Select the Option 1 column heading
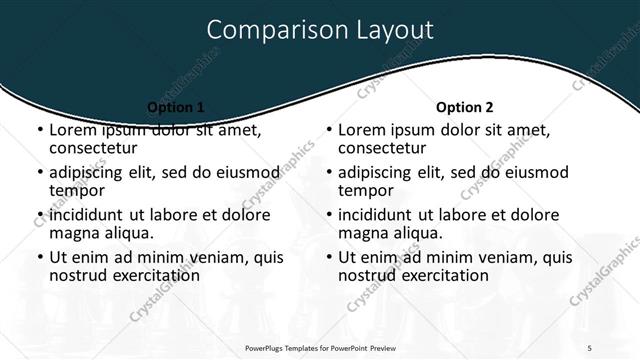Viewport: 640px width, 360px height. point(176,107)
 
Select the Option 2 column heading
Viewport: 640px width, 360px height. point(465,107)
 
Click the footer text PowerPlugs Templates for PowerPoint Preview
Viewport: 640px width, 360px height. point(320,347)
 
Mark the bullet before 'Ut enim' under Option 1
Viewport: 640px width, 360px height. point(39,258)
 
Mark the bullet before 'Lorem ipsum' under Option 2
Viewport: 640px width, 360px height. point(328,131)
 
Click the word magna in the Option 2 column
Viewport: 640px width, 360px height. point(363,233)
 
